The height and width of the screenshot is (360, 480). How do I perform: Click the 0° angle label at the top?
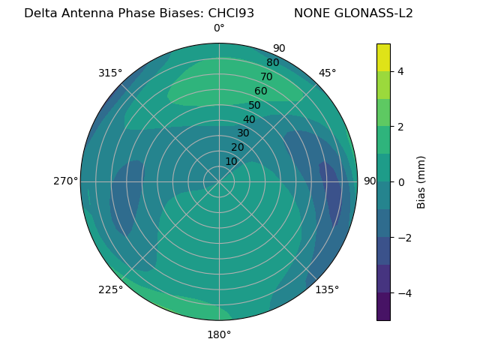[219, 28]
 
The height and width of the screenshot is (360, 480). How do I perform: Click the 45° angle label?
[328, 73]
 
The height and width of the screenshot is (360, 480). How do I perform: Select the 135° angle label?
[327, 289]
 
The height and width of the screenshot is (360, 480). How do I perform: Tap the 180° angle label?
[219, 334]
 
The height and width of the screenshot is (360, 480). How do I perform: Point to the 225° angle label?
[110, 289]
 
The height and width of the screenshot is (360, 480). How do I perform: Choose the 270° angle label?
[65, 181]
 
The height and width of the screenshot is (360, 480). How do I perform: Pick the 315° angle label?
[110, 73]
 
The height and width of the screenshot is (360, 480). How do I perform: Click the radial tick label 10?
[231, 161]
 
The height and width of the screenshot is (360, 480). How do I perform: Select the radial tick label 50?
[255, 106]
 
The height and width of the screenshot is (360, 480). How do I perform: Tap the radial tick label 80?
[273, 63]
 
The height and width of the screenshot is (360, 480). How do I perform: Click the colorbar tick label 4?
[401, 71]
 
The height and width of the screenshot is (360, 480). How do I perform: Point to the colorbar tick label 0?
[401, 181]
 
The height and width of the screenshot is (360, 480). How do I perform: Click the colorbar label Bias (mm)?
[421, 181]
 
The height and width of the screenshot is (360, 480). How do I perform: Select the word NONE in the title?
[311, 13]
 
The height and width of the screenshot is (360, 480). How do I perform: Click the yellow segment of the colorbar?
[383, 57]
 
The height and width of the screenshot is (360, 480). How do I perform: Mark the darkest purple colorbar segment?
[383, 306]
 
